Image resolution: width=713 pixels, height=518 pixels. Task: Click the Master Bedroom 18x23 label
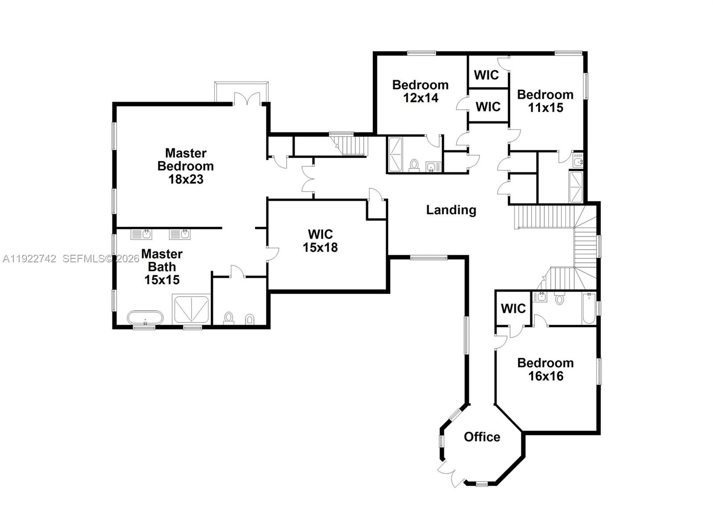click(x=185, y=166)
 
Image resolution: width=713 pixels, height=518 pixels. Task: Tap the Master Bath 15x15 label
click(x=162, y=267)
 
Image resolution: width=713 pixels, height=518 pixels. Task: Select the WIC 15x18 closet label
click(x=320, y=241)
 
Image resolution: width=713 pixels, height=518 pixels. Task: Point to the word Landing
click(x=451, y=210)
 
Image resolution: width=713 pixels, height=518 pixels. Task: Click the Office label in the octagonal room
click(x=482, y=437)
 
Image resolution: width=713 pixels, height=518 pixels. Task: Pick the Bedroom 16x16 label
click(x=545, y=369)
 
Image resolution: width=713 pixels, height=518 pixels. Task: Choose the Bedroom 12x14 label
click(x=420, y=91)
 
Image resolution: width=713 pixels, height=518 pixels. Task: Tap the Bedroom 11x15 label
click(x=545, y=101)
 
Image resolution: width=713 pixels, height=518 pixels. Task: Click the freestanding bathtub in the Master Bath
click(x=145, y=318)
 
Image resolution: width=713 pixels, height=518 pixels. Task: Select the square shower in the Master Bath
click(x=191, y=309)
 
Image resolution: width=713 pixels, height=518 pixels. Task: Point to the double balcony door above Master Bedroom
click(x=246, y=98)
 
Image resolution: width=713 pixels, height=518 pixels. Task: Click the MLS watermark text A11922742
click(x=29, y=259)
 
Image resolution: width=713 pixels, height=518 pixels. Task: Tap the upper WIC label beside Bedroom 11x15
click(x=486, y=75)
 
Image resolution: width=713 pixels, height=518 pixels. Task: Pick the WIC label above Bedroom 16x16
click(x=513, y=308)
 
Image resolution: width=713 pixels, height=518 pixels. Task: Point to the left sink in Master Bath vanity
click(x=142, y=234)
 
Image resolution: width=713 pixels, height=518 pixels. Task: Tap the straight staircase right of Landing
click(x=543, y=216)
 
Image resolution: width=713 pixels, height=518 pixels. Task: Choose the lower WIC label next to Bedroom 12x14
click(x=488, y=106)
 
